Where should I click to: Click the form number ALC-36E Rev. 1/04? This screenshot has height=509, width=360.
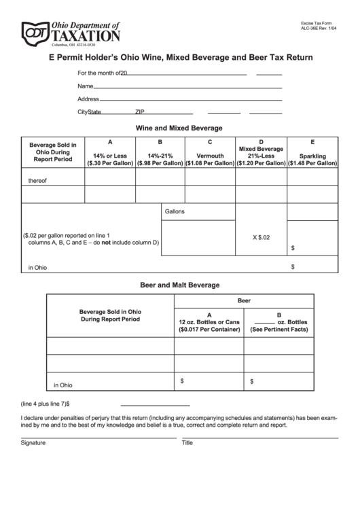point(318,29)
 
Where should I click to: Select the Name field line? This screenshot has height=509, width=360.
point(187,87)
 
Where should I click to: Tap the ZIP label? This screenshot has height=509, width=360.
point(139,111)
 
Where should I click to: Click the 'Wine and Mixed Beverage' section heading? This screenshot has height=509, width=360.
point(179,128)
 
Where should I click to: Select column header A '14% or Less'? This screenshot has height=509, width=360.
point(110,156)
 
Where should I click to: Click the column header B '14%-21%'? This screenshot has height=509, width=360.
point(160,156)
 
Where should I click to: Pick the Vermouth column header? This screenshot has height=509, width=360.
point(210,156)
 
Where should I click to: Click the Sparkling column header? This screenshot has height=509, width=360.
point(312,156)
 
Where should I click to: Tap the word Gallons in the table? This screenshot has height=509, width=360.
point(175,211)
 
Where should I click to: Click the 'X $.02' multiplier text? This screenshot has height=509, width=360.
point(261,237)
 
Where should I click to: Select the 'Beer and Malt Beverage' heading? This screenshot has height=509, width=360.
point(179,285)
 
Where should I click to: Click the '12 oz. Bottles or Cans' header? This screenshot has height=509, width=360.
point(209,321)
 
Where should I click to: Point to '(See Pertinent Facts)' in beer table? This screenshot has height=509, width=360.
point(279,330)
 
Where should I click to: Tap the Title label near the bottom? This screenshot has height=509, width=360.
point(187,442)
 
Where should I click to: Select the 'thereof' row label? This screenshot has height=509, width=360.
point(37,180)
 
